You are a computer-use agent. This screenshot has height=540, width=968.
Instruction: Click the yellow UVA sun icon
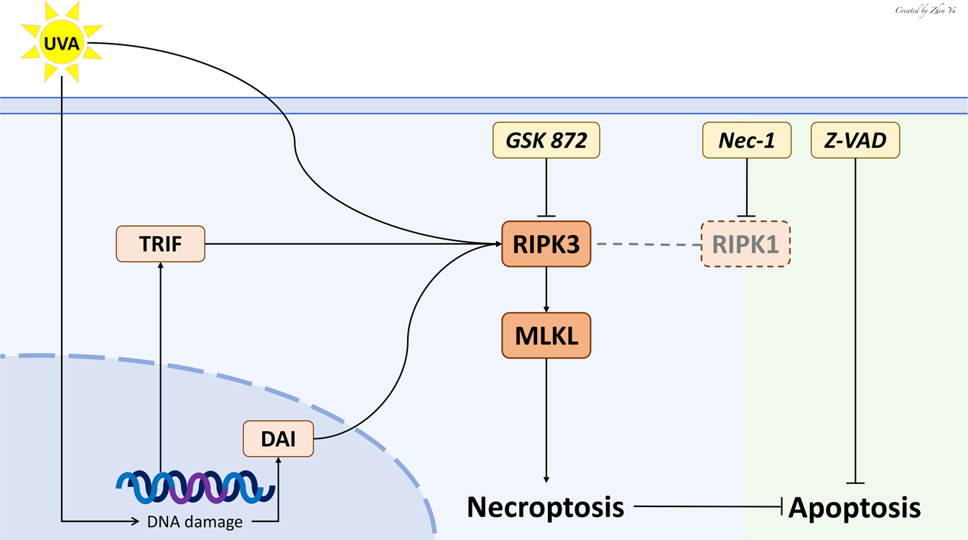click(62, 42)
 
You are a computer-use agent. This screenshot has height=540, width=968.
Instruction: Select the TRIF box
click(160, 244)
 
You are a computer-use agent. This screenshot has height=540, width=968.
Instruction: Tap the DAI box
click(278, 438)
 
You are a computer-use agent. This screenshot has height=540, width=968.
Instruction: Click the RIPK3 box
click(546, 244)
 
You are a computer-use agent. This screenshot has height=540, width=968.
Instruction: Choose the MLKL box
click(546, 336)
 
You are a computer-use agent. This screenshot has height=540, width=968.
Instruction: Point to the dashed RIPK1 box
click(745, 244)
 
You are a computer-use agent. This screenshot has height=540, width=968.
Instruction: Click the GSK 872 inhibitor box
click(546, 141)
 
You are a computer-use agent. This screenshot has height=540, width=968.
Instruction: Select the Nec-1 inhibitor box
click(747, 141)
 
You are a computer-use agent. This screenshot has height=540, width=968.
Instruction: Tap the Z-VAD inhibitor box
click(855, 141)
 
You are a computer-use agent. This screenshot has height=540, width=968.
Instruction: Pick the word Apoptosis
click(855, 508)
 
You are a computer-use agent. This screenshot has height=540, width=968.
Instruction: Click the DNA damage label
click(195, 522)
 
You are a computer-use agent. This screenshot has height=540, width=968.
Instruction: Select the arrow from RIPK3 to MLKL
click(546, 290)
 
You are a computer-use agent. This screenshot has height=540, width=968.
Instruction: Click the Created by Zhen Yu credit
click(926, 10)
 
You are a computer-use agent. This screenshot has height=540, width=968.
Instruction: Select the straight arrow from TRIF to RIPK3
click(352, 244)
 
